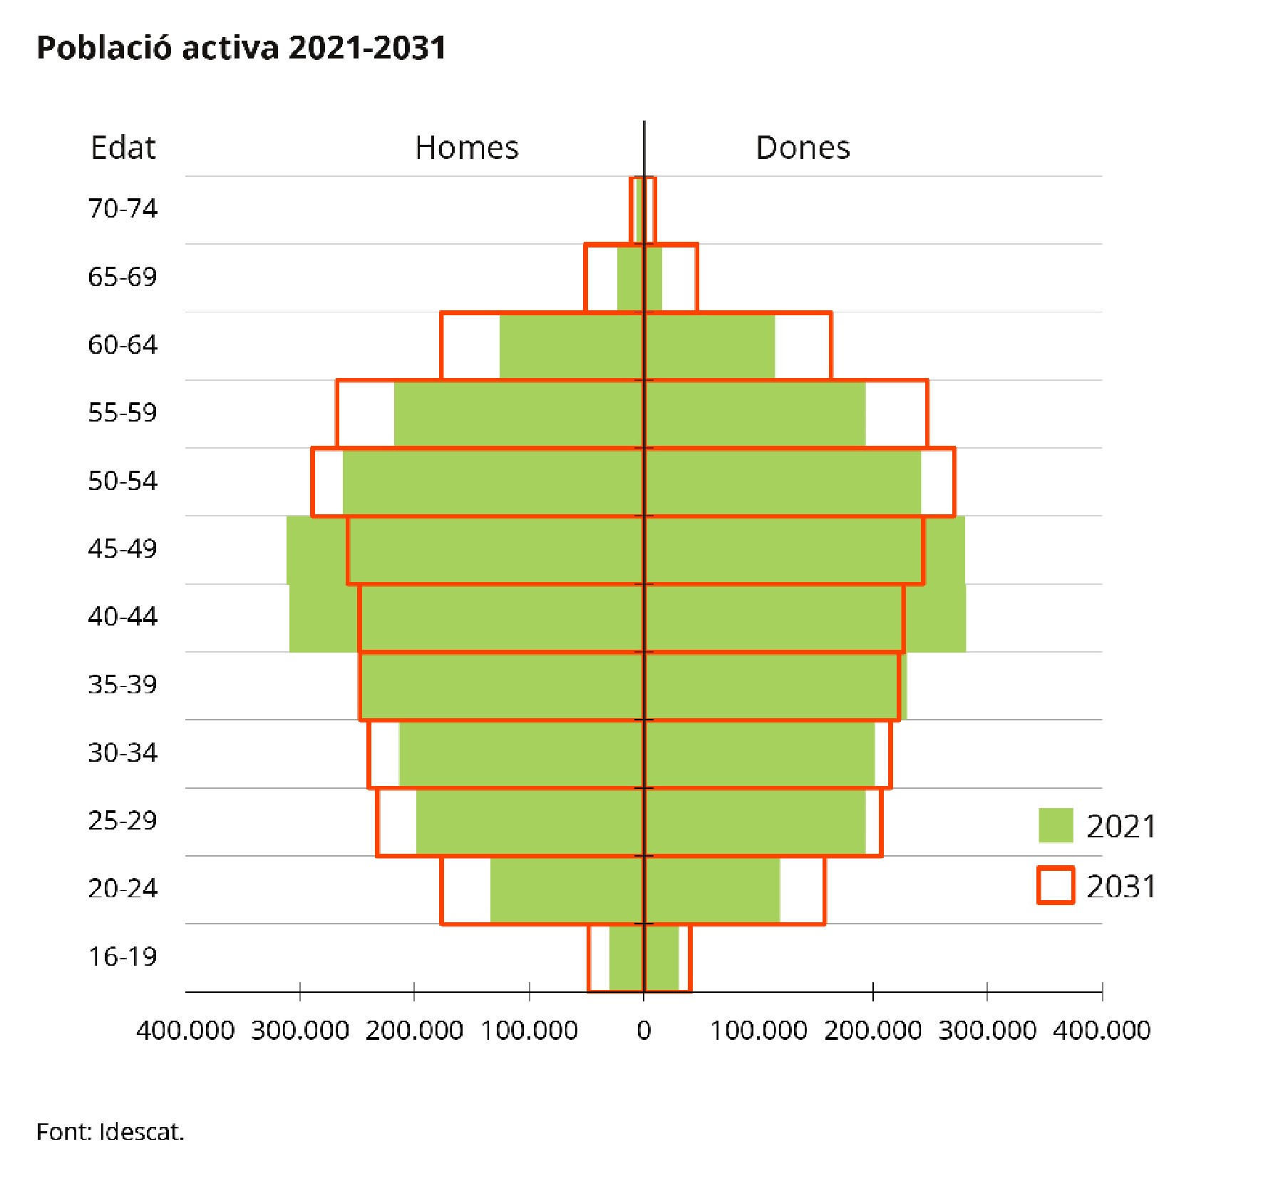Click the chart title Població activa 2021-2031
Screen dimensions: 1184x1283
point(241,48)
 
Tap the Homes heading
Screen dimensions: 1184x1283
point(467,148)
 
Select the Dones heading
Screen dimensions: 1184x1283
point(803,148)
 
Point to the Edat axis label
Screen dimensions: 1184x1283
point(123,148)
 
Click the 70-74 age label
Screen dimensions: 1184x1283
point(123,208)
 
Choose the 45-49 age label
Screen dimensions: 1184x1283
point(123,548)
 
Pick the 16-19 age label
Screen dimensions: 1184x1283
point(123,956)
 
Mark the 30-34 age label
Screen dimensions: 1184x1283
point(123,752)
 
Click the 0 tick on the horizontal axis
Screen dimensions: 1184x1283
point(644,1030)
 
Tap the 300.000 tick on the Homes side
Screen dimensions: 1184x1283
point(300,1030)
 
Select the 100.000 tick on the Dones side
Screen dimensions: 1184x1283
point(759,1030)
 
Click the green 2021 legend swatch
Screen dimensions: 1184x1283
point(1056,825)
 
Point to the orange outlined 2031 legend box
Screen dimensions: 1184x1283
point(1056,886)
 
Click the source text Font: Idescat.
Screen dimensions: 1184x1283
point(110,1132)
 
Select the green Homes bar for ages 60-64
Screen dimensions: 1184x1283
point(570,346)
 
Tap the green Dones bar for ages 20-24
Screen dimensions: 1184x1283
point(713,889)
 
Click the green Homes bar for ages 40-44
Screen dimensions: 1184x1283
point(463,618)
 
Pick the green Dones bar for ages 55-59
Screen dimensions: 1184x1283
point(756,414)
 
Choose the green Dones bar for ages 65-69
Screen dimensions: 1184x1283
point(654,278)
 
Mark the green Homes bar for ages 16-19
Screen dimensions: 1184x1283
point(627,958)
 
